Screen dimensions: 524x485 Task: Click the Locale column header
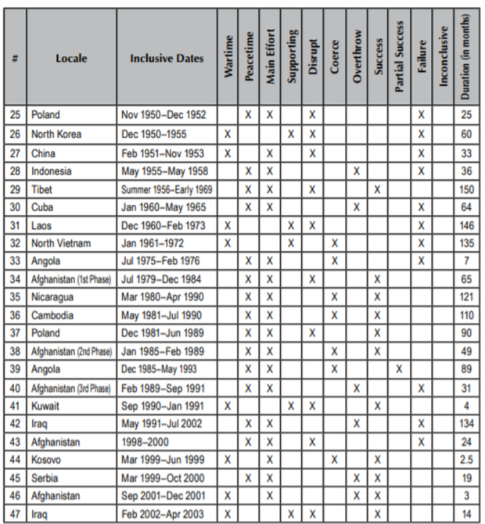[x=71, y=59]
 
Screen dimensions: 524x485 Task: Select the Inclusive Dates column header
[x=167, y=59]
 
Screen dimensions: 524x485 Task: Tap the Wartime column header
[x=228, y=58]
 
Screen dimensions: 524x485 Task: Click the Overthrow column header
[x=357, y=58]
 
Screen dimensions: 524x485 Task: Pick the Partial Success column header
[x=400, y=58]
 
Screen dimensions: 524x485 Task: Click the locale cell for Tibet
[x=42, y=189]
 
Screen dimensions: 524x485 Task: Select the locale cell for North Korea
[x=56, y=135]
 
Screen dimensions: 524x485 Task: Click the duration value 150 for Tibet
[x=466, y=189]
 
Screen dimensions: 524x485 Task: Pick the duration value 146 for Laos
[x=466, y=225]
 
